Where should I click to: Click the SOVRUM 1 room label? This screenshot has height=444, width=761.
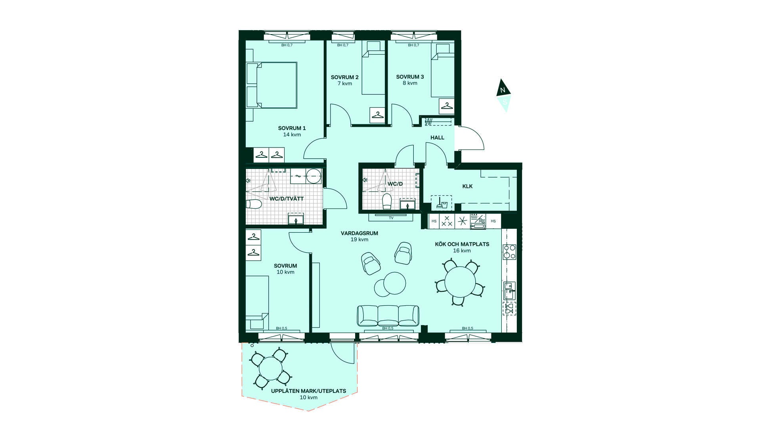point(292,128)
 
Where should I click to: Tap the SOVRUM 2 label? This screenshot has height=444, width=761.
point(344,77)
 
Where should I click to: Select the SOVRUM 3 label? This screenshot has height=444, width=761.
point(410,77)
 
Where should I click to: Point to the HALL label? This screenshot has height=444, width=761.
point(437,138)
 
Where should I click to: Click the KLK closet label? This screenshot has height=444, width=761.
point(467,186)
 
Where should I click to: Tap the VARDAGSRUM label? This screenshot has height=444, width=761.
point(359,233)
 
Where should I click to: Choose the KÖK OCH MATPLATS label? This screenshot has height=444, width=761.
point(462,244)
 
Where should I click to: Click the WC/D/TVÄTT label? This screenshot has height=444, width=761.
point(286,199)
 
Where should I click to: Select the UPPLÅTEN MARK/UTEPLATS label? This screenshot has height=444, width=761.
point(308,391)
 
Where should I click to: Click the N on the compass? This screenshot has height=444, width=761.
point(503,90)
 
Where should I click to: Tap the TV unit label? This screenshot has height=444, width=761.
point(391,218)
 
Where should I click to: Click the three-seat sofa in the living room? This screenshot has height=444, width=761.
point(388,316)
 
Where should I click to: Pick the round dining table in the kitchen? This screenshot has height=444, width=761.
point(460,281)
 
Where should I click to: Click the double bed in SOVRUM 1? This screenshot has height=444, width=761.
point(271,85)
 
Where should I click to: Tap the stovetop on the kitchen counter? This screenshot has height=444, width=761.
point(509,252)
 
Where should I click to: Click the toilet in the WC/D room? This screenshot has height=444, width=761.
point(387,201)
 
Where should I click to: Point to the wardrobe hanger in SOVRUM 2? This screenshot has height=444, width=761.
point(377,115)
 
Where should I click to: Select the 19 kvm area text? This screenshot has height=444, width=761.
point(359,240)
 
